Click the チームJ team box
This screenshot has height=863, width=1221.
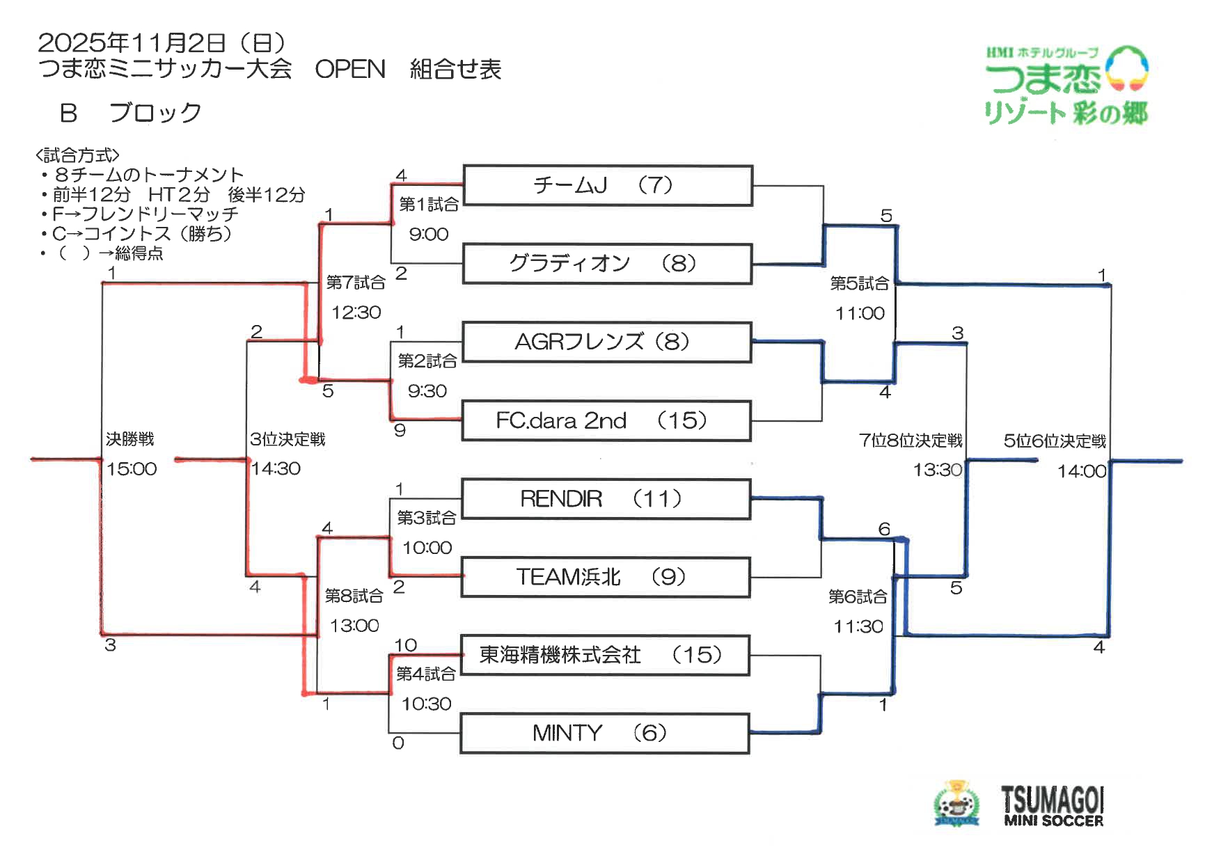click(x=607, y=185)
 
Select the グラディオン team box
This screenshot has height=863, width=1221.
click(x=607, y=264)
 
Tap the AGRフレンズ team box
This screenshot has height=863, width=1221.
click(x=606, y=342)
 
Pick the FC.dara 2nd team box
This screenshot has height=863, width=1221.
click(x=606, y=420)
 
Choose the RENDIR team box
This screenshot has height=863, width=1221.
click(x=606, y=499)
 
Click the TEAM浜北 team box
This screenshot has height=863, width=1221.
click(x=605, y=577)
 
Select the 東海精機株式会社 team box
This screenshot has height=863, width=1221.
click(x=604, y=655)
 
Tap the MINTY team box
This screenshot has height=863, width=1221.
click(x=604, y=733)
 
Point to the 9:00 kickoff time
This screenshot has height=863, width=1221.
click(x=429, y=235)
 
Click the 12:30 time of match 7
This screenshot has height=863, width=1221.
click(x=356, y=312)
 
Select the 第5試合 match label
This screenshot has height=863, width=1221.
click(x=860, y=283)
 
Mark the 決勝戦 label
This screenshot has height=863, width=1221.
click(x=130, y=439)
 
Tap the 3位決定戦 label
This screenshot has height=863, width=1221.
click(x=287, y=439)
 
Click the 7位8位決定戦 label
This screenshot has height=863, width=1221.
click(x=911, y=441)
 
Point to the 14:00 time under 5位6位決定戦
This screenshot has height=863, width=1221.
click(x=1081, y=472)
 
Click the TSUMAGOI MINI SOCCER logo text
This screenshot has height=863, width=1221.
click(x=1053, y=807)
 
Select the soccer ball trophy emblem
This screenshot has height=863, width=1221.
click(x=956, y=805)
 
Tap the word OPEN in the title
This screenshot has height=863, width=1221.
click(x=350, y=70)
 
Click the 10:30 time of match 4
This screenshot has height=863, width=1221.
click(x=427, y=704)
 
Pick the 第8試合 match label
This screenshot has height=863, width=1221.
click(x=354, y=596)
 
